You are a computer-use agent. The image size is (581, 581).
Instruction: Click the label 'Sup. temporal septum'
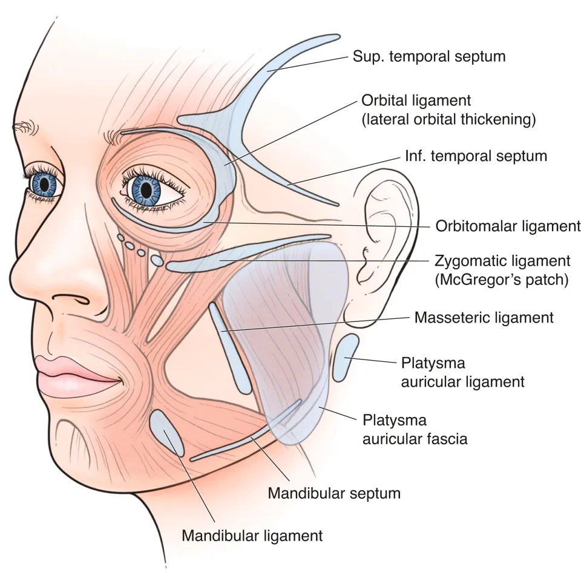pyautogui.click(x=429, y=57)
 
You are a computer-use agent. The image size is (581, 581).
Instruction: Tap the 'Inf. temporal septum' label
pyautogui.click(x=476, y=156)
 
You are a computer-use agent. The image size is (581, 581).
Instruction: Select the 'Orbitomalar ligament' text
pyautogui.click(x=508, y=226)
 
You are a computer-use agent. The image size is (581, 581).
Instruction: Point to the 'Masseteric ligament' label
pyautogui.click(x=484, y=318)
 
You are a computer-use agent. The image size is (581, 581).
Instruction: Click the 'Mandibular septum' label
pyautogui.click(x=334, y=493)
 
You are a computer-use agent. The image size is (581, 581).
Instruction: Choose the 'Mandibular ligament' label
pyautogui.click(x=252, y=536)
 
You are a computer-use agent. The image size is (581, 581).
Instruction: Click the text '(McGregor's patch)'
pyautogui.click(x=502, y=280)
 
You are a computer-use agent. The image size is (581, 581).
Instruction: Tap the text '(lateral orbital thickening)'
pyautogui.click(x=448, y=120)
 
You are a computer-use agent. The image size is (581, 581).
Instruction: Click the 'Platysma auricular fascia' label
pyautogui.click(x=415, y=430)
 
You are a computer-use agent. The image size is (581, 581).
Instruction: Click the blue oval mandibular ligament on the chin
pyautogui.click(x=167, y=433)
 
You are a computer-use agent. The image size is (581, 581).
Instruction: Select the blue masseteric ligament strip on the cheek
pyautogui.click(x=230, y=347)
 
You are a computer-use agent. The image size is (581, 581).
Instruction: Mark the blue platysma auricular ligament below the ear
pyautogui.click(x=346, y=358)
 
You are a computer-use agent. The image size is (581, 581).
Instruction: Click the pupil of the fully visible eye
pyautogui.click(x=146, y=189)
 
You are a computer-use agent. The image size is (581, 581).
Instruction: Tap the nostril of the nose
pyautogui.click(x=71, y=298)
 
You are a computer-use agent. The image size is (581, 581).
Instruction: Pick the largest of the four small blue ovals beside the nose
pyautogui.click(x=156, y=260)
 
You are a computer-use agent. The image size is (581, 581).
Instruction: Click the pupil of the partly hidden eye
pyautogui.click(x=44, y=184)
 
